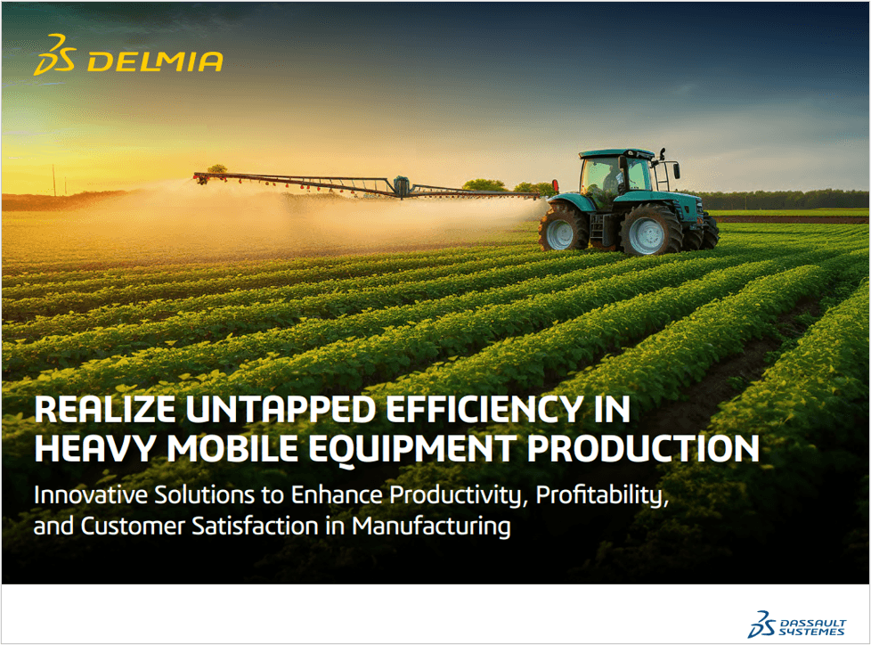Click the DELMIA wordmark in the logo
[x=155, y=61]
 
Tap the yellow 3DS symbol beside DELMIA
[x=54, y=54]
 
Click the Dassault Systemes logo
[x=796, y=625]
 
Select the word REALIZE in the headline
[x=104, y=410]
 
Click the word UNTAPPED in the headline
[x=281, y=410]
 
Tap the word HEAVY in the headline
[x=95, y=448]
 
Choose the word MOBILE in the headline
[x=232, y=448]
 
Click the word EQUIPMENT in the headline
[x=412, y=449]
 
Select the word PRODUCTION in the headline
[x=643, y=448]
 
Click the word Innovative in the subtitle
[x=91, y=495]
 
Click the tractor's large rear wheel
[x=650, y=230]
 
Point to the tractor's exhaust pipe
[x=663, y=167]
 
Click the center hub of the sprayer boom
[x=401, y=186]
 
